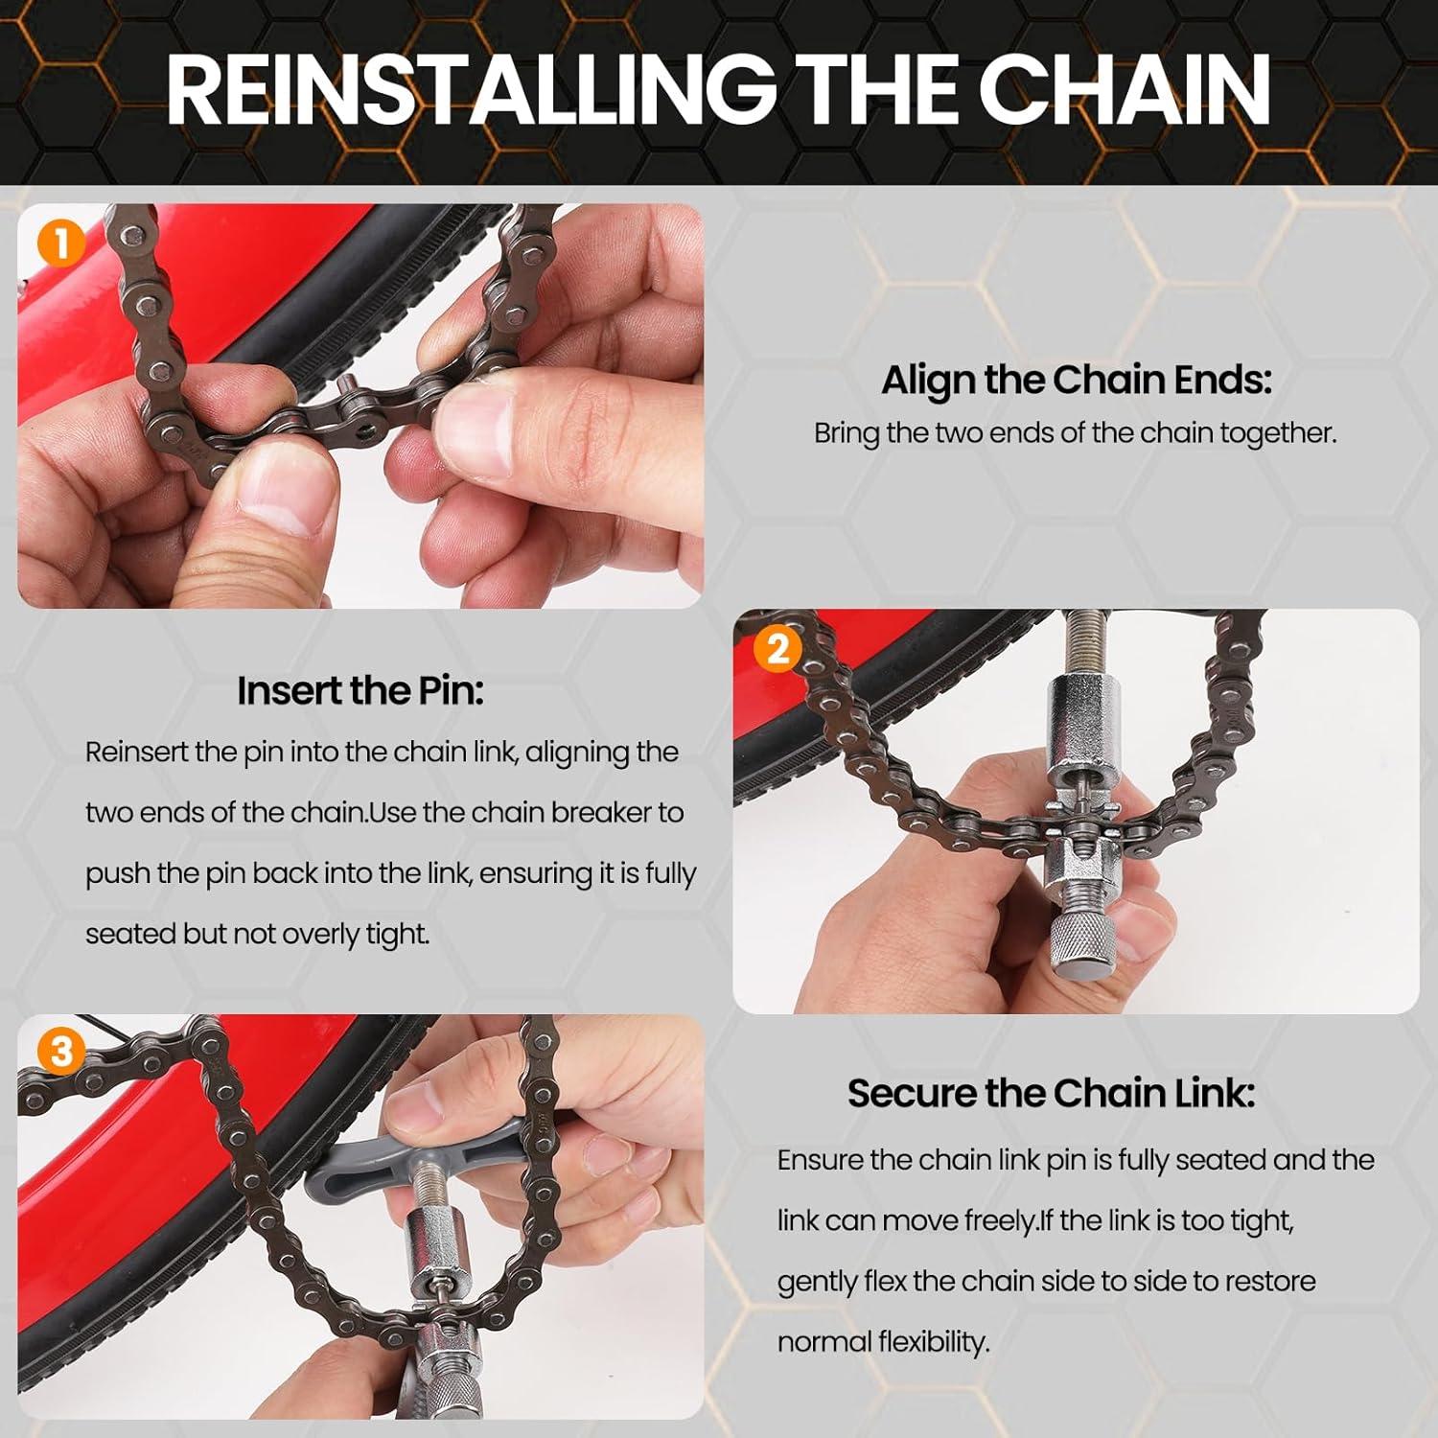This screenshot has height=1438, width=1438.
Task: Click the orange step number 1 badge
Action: click(x=60, y=244)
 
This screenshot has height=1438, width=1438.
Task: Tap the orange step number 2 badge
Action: click(x=777, y=649)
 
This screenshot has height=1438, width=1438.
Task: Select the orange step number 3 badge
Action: click(x=60, y=1052)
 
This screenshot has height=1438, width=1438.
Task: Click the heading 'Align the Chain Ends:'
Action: click(x=1076, y=380)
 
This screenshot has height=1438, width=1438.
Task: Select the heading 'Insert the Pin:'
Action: click(x=360, y=690)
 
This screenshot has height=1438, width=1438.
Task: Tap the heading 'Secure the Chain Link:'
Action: click(x=1051, y=1093)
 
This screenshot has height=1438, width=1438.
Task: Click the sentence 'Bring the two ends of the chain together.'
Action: click(x=1075, y=433)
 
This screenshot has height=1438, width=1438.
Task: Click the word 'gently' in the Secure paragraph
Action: click(x=816, y=1282)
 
